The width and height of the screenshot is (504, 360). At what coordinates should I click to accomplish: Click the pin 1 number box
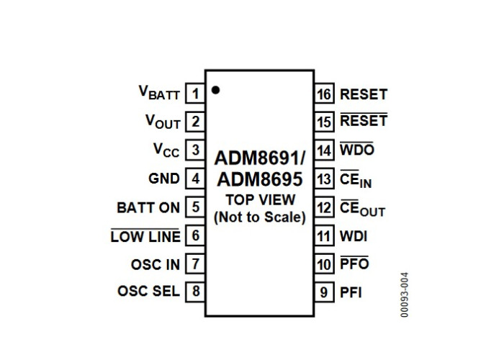[195, 94]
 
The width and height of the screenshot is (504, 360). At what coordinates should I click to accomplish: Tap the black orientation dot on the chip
[215, 90]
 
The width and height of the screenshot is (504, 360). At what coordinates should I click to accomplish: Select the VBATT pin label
[159, 93]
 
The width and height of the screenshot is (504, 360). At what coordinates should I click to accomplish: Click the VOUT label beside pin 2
[163, 122]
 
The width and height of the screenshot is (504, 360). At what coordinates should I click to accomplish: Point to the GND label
[164, 179]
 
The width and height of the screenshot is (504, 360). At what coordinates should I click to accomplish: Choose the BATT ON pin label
[148, 207]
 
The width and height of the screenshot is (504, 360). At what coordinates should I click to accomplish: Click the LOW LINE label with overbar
[145, 236]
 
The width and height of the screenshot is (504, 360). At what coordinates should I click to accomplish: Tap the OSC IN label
[156, 264]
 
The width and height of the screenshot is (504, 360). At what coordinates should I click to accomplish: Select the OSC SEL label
[148, 291]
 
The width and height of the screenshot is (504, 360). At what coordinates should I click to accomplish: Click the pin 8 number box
[195, 291]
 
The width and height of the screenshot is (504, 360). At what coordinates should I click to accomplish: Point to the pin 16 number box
[324, 94]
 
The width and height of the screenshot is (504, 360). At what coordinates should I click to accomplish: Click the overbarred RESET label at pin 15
[364, 120]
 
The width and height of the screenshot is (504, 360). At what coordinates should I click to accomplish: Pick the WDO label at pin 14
[357, 149]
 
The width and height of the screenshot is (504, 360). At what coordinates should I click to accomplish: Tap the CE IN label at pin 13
[356, 179]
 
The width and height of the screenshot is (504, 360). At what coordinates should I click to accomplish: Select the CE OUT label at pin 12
[363, 207]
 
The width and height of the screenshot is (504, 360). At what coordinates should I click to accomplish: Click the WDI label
[354, 236]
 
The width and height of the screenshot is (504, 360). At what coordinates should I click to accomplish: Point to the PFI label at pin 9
[351, 292]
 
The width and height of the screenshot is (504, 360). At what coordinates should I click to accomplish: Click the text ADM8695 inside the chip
[260, 179]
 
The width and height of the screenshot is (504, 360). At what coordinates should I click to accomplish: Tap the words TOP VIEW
[261, 200]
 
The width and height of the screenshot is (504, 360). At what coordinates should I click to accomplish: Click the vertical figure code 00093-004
[405, 294]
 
